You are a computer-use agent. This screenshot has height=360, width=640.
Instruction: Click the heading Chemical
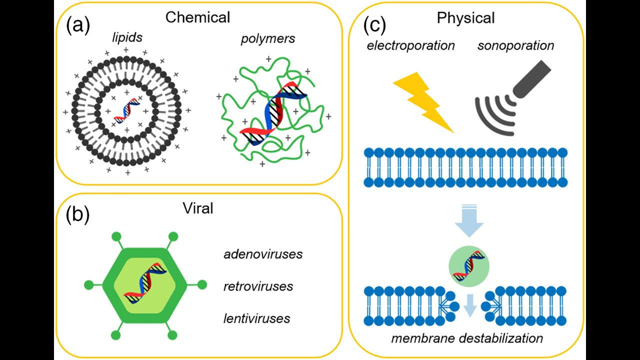(197, 17)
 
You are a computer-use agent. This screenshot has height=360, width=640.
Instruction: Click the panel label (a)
(77, 25)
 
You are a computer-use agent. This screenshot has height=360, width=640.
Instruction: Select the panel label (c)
(374, 24)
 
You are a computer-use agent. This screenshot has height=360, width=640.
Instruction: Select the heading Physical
(465, 18)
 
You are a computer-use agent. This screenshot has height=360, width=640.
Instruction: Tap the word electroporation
(410, 46)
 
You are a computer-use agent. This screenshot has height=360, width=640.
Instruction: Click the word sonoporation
(515, 46)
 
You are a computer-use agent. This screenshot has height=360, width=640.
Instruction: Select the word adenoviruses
(263, 254)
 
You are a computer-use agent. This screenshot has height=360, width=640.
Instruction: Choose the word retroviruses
(258, 286)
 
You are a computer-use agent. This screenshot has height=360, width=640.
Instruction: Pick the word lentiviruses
(256, 318)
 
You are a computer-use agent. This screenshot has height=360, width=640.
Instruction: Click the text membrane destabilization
(467, 338)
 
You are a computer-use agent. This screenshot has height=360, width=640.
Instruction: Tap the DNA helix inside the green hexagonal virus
(144, 285)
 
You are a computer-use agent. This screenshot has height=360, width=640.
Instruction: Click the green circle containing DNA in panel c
(469, 265)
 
